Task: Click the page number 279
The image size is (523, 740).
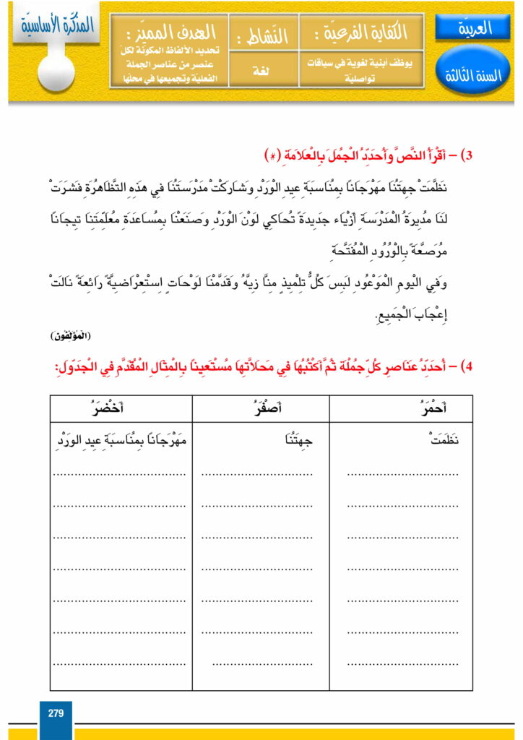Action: pyautogui.click(x=56, y=713)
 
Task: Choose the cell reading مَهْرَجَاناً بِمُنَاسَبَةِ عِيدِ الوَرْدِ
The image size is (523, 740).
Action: pyautogui.click(x=121, y=439)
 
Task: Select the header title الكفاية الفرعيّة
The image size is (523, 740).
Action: pyautogui.click(x=362, y=33)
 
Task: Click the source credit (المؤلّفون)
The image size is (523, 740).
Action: pyautogui.click(x=69, y=337)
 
